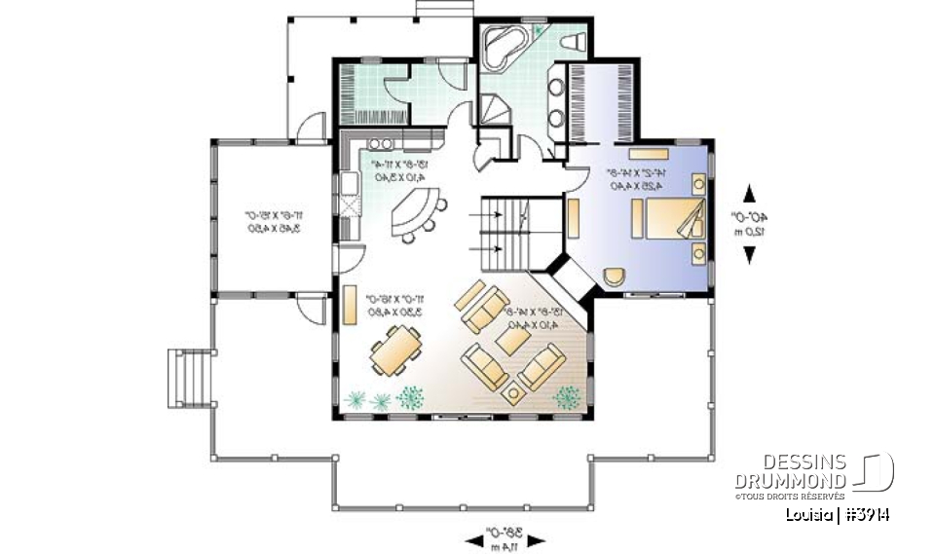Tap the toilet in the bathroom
tap(574, 42)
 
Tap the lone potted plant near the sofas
tap(566, 397)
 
